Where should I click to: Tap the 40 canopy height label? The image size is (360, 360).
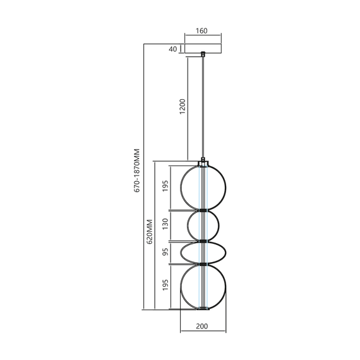[x=173, y=49]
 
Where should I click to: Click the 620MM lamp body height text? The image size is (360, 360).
[x=150, y=232]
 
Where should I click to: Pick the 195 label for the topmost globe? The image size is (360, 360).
[x=164, y=187]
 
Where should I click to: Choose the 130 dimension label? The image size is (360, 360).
[x=164, y=224]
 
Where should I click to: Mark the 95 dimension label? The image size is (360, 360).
[x=164, y=252]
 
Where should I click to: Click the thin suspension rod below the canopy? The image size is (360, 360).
[x=203, y=107]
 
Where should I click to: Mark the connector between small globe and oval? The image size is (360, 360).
[x=203, y=241]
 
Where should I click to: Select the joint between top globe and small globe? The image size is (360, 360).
[x=203, y=209]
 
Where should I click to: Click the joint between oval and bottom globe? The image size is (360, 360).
[x=203, y=263]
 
